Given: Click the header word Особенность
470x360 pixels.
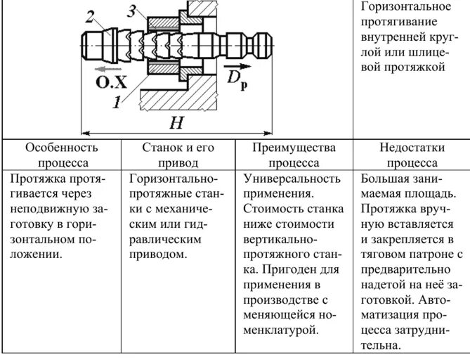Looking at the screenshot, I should tap(62, 148).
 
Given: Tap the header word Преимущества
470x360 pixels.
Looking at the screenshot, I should tap(294, 148).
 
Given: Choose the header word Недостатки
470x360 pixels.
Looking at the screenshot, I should tap(410, 148).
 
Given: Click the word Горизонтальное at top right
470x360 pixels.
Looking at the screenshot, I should tap(405, 6).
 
